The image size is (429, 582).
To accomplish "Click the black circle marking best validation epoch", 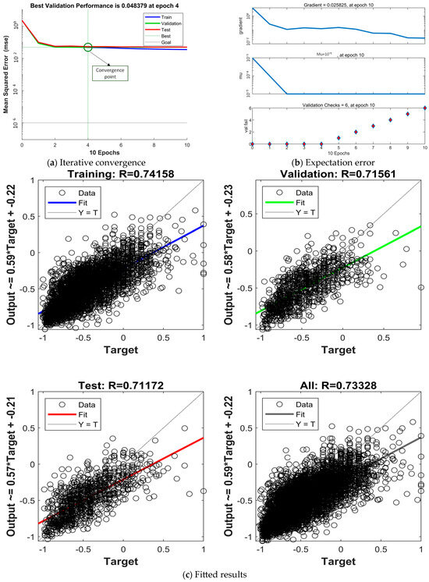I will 87,48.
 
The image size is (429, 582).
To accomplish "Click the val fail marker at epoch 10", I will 424,108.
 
